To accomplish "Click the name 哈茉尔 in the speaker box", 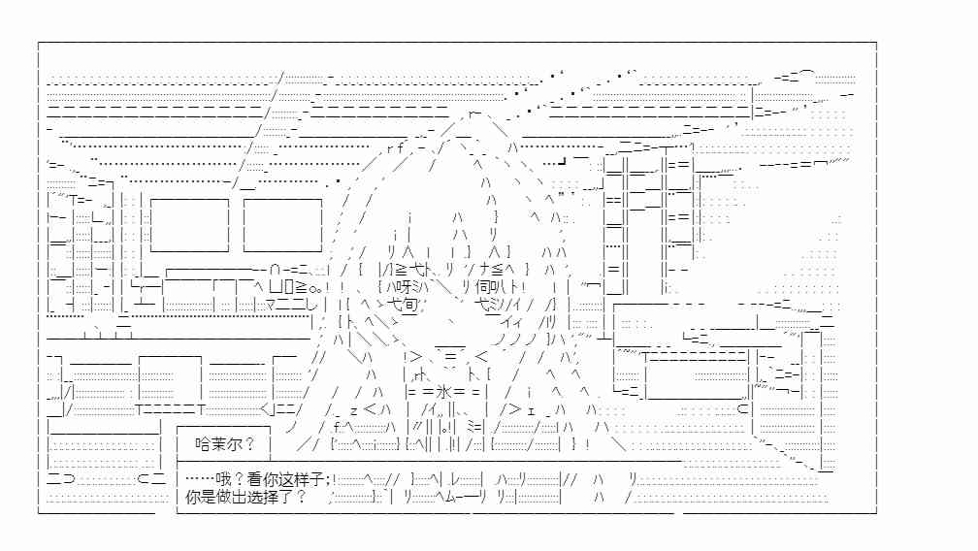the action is pyautogui.click(x=217, y=444).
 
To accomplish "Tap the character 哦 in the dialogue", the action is pyautogui.click(x=224, y=479).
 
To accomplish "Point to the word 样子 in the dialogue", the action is pyautogui.click(x=310, y=479).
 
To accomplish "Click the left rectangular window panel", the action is pyautogui.click(x=189, y=225).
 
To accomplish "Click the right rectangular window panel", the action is pyautogui.click(x=282, y=225).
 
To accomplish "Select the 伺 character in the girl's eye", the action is pyautogui.click(x=483, y=287).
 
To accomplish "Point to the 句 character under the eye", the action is pyautogui.click(x=409, y=305).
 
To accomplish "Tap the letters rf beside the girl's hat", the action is pyautogui.click(x=395, y=148).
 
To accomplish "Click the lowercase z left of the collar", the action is pyautogui.click(x=353, y=410).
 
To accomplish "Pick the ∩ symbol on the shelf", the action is pyautogui.click(x=276, y=270).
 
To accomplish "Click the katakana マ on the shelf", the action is pyautogui.click(x=271, y=305).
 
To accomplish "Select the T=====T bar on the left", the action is pyautogui.click(x=171, y=409).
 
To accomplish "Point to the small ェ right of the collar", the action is pyautogui.click(x=531, y=411).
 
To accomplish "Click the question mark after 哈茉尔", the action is pyautogui.click(x=249, y=444).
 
